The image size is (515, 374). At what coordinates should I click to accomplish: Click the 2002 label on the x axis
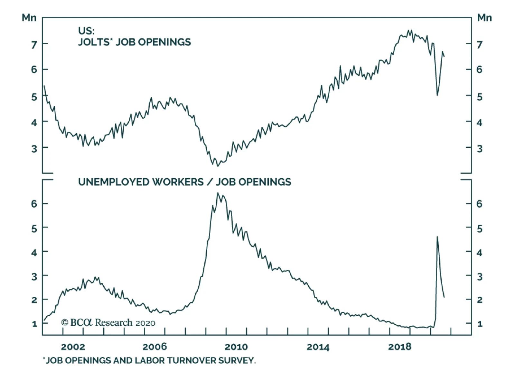[x=73, y=347]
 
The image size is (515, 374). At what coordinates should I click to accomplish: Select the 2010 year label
[x=236, y=347]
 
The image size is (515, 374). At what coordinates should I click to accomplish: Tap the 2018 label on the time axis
[x=399, y=347]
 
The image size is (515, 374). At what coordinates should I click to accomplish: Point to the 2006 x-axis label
[x=154, y=347]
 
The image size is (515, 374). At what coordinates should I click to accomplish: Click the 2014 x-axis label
[x=318, y=347]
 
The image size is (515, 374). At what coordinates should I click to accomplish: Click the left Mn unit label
[x=29, y=18]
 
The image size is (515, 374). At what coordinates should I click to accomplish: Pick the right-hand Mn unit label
[x=484, y=18]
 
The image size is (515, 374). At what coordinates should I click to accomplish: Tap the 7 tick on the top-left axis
[x=34, y=45]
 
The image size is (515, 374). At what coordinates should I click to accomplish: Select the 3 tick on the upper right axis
[x=480, y=149]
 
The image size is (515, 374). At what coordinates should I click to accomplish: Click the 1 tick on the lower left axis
[x=34, y=324]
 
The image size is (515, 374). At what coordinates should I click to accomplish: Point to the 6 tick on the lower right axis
[x=480, y=204]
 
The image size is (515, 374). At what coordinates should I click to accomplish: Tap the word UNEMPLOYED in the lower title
[x=114, y=182]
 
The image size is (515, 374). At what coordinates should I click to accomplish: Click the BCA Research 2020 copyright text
[x=108, y=322]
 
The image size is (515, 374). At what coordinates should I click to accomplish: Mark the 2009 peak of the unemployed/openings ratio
[x=218, y=193]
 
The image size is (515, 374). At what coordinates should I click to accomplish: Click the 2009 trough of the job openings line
[x=218, y=166]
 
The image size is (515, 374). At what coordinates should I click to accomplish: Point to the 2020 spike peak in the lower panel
[x=437, y=237]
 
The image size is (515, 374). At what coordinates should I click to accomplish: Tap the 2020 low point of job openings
[x=437, y=95]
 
